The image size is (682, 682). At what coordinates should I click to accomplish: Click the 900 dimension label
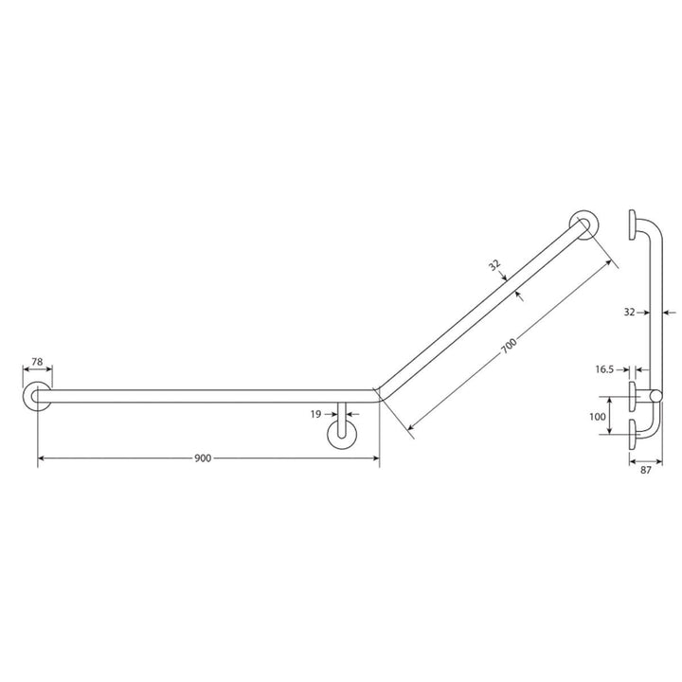click(x=202, y=458)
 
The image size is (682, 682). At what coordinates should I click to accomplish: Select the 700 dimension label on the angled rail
click(x=510, y=347)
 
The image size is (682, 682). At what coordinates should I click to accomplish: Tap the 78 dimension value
click(x=37, y=361)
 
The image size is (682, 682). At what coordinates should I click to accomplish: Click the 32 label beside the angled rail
click(x=494, y=267)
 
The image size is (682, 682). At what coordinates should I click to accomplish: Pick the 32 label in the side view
click(x=629, y=309)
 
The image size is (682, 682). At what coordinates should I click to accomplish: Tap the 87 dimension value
click(x=645, y=468)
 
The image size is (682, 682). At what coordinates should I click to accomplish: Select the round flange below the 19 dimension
click(x=341, y=435)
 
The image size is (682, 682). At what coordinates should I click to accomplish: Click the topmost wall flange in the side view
click(x=632, y=224)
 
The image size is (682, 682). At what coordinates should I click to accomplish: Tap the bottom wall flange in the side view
click(x=632, y=436)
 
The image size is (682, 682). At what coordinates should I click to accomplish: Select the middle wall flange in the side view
click(x=632, y=395)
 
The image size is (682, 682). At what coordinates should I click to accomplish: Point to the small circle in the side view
click(x=655, y=395)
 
